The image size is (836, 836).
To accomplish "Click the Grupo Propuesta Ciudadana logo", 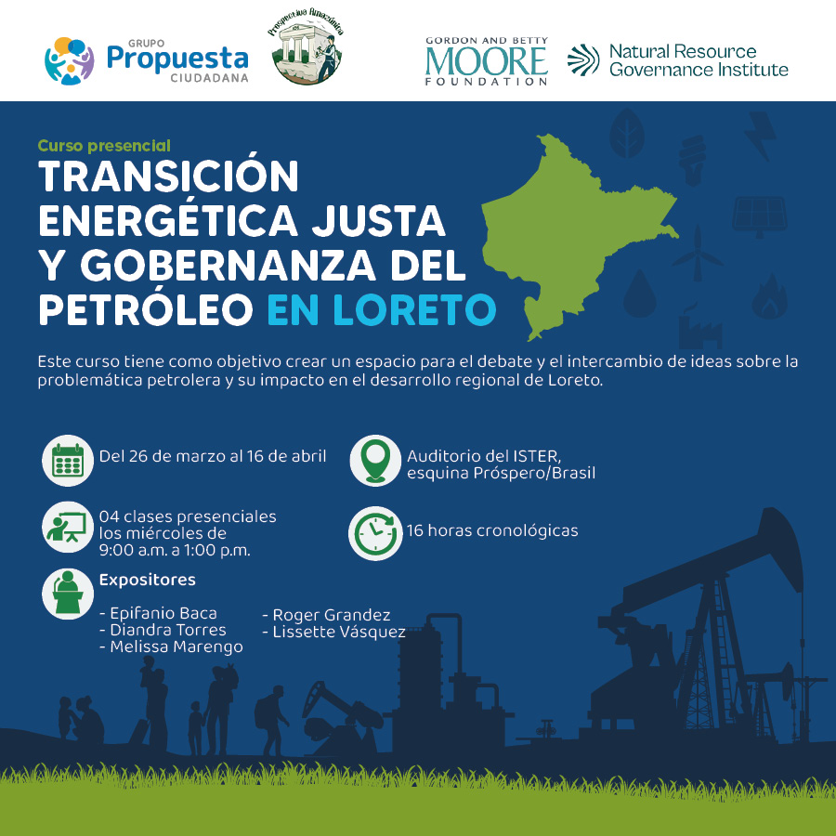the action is coord(147,60).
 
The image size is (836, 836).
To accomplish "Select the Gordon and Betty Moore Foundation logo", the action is coord(486,61).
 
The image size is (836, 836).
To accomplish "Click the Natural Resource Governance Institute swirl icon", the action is coord(583,59).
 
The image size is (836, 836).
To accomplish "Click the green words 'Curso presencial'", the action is coord(104,146).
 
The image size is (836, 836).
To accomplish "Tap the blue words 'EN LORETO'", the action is coord(382,309).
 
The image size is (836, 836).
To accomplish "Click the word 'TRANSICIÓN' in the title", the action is coord(168,176).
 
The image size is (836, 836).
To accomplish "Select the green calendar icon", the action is coord(68,460).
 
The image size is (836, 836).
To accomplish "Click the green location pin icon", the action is coord(375,460).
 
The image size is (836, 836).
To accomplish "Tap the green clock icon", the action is coord(375,533).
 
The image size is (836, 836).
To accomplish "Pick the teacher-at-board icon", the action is coord(67,527).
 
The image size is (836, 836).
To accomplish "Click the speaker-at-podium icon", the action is coord(68,594).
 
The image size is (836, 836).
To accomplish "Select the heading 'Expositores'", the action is coord(147,580).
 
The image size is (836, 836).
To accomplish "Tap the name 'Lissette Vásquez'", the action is coord(334,633).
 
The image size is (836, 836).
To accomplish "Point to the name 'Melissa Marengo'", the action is coord(171,647).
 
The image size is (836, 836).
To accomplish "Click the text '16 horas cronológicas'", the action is coord(492,531).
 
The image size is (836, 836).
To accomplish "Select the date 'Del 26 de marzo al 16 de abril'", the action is coord(213,456).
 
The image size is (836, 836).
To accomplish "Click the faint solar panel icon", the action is coord(760,216).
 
